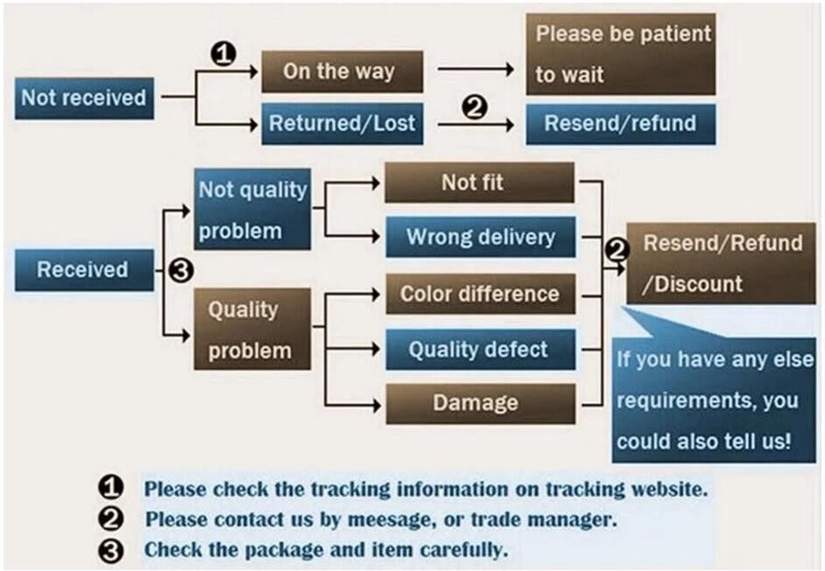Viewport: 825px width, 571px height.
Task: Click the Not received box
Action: (84, 98)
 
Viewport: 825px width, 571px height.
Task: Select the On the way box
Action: (343, 72)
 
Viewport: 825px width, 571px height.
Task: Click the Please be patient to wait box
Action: (620, 54)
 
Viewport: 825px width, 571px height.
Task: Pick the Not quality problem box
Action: (253, 210)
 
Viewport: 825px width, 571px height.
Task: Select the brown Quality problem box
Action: (248, 330)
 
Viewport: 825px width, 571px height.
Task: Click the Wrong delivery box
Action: (479, 237)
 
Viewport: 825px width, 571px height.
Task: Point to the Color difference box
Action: (479, 294)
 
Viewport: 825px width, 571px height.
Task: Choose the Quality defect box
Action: (479, 350)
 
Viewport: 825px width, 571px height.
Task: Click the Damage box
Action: (479, 404)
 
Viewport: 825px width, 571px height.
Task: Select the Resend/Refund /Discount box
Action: (722, 263)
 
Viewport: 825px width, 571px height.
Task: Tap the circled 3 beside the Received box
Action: (179, 271)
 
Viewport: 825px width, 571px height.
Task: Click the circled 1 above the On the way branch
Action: (225, 54)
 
